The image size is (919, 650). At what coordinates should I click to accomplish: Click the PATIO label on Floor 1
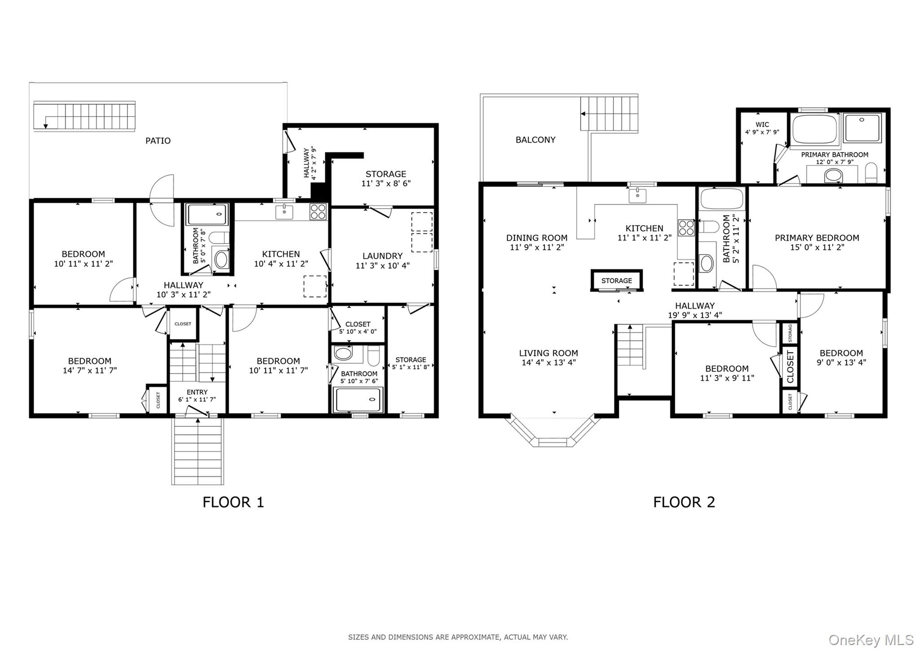click(158, 141)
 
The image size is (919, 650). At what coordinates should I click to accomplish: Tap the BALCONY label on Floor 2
click(535, 140)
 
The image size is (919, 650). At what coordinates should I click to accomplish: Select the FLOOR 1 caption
click(233, 502)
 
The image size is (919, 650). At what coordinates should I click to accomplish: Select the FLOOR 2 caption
click(684, 502)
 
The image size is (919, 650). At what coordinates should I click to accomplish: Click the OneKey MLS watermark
click(871, 639)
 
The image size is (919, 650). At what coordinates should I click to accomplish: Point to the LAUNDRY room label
click(382, 256)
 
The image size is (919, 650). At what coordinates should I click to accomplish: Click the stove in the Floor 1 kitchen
click(318, 212)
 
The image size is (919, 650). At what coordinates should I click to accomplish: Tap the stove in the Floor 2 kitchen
click(686, 228)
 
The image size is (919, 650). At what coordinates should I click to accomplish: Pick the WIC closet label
click(762, 124)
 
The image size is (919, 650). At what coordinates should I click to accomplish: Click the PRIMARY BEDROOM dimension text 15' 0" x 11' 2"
click(817, 247)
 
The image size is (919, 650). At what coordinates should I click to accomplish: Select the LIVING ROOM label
click(548, 353)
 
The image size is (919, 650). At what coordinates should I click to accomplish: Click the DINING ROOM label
click(537, 237)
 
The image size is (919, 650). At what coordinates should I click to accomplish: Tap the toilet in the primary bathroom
click(871, 173)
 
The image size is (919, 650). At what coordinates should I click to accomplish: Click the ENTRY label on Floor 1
click(197, 392)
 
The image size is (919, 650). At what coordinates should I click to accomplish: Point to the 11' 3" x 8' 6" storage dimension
click(386, 183)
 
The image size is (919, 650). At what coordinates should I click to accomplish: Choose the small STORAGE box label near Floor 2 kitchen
click(617, 281)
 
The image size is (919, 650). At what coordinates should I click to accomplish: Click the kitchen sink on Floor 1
click(284, 212)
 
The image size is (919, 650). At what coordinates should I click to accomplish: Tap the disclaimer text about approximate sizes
click(458, 637)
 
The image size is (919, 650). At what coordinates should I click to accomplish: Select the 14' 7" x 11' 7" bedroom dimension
click(90, 370)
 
